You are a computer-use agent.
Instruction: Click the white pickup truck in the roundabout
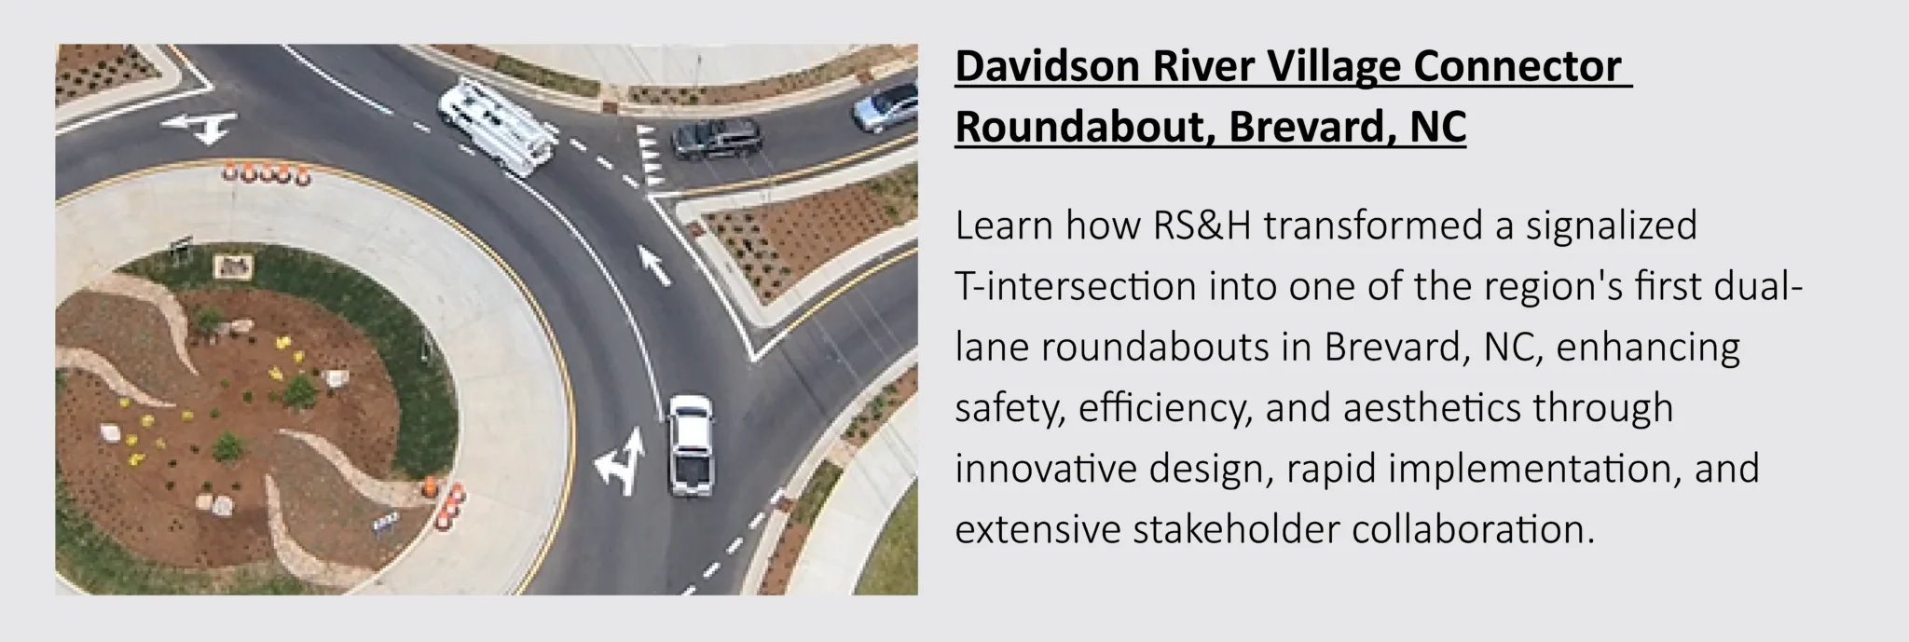(x=690, y=444)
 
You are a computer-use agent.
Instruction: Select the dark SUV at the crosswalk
(x=716, y=139)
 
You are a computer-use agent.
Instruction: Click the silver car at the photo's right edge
(x=886, y=106)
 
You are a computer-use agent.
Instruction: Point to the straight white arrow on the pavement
(x=655, y=265)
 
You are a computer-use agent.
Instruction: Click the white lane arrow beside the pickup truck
(x=621, y=460)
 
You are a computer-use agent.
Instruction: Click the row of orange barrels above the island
(x=265, y=172)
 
